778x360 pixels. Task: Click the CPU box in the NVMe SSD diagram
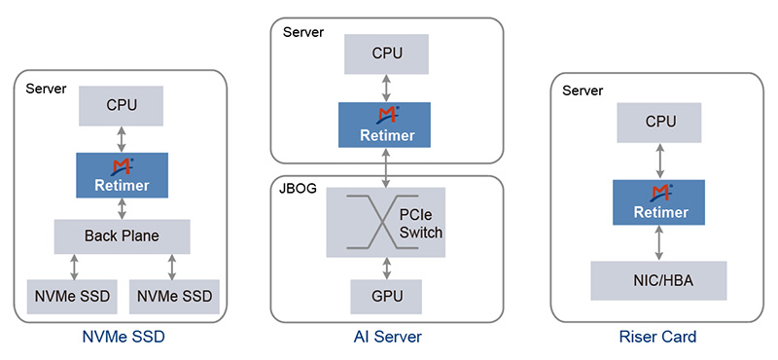click(122, 104)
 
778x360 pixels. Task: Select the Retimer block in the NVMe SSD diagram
click(122, 175)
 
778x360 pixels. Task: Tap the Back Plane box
click(122, 236)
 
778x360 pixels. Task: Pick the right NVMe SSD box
click(174, 296)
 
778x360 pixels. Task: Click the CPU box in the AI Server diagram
click(386, 54)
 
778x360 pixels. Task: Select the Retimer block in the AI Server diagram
click(386, 125)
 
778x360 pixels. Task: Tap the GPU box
click(386, 296)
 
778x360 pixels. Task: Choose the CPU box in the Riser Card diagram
click(658, 124)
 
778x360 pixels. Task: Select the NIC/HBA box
click(658, 280)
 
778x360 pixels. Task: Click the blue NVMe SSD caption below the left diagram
click(121, 338)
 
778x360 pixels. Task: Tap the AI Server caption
click(386, 338)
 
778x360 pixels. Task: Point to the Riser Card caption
click(657, 338)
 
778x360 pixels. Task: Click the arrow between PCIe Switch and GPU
click(386, 269)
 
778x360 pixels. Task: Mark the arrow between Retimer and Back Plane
click(122, 208)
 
